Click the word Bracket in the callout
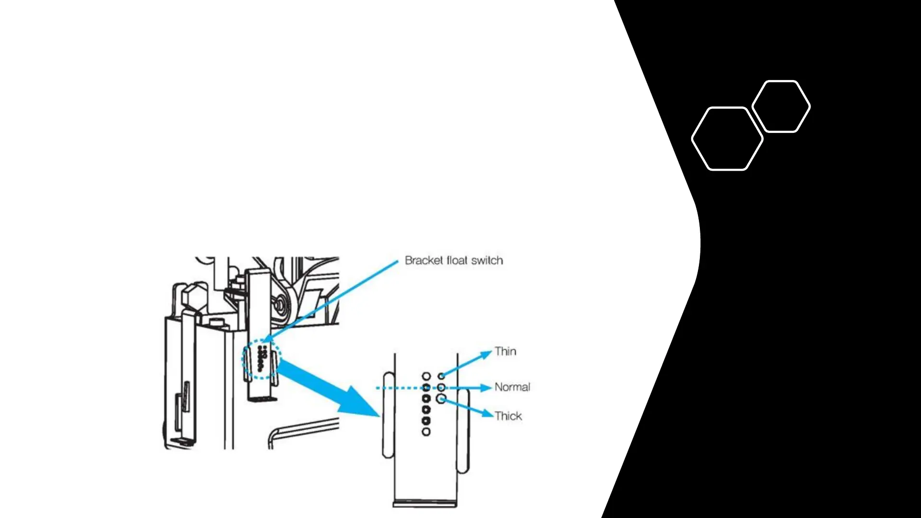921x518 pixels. point(424,260)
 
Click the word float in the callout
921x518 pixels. point(457,260)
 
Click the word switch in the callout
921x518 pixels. point(487,260)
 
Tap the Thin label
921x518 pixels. point(506,352)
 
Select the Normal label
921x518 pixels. point(512,387)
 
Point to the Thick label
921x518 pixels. point(508,416)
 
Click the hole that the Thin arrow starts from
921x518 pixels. point(441,376)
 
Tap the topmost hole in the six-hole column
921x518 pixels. point(426,376)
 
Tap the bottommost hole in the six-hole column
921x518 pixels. point(426,432)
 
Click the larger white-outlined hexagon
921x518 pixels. point(727,139)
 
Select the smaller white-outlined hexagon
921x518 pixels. point(781,106)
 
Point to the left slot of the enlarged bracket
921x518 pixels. point(389,415)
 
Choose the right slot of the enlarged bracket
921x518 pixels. point(463,431)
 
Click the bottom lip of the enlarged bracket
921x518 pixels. point(425,504)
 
